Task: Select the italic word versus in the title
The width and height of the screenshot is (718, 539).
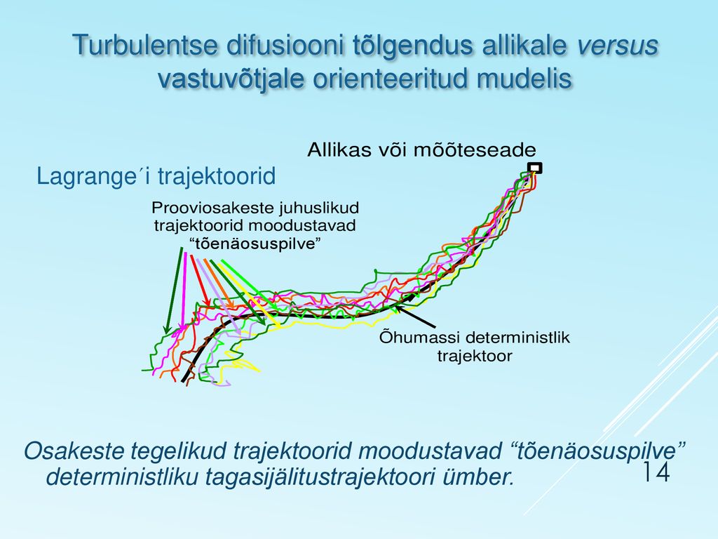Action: (x=617, y=45)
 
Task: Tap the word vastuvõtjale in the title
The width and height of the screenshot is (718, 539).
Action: (x=231, y=79)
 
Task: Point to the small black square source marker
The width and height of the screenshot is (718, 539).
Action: (x=534, y=168)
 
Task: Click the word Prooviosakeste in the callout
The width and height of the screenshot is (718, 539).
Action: (x=211, y=208)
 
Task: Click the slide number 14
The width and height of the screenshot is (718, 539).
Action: (x=656, y=472)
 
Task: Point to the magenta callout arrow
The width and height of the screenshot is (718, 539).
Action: (x=184, y=291)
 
